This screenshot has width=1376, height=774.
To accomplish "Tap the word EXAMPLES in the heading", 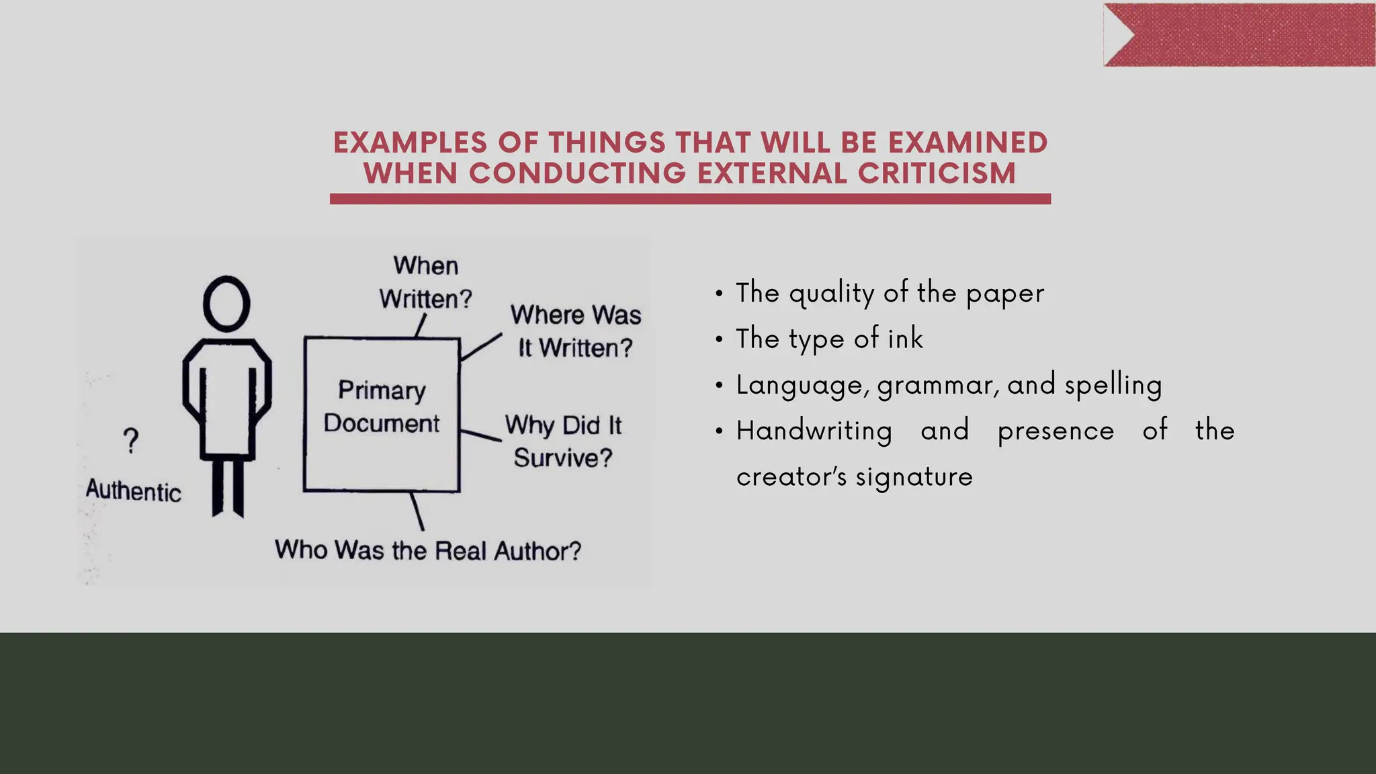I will [x=410, y=142].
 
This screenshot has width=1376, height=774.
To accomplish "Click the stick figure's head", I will [x=226, y=304].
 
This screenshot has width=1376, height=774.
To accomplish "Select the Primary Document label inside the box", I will [x=382, y=407].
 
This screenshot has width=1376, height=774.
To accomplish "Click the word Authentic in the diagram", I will [x=134, y=491].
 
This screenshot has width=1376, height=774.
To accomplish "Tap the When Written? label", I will [x=426, y=282].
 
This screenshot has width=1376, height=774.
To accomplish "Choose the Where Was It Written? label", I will [x=576, y=331].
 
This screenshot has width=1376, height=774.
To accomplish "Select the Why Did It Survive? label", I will [x=563, y=441].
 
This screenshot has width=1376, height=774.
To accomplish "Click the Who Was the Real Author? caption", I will [x=428, y=550].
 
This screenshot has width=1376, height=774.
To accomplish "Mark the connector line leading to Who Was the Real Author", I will [x=417, y=511].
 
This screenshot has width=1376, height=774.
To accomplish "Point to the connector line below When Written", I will [x=421, y=326].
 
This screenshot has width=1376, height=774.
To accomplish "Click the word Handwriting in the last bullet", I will [x=814, y=431].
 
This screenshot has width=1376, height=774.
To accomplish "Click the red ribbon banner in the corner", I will [x=1240, y=35].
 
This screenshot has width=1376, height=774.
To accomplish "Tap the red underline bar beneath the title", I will [x=690, y=199].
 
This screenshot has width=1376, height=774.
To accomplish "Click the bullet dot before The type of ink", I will [x=719, y=339].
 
